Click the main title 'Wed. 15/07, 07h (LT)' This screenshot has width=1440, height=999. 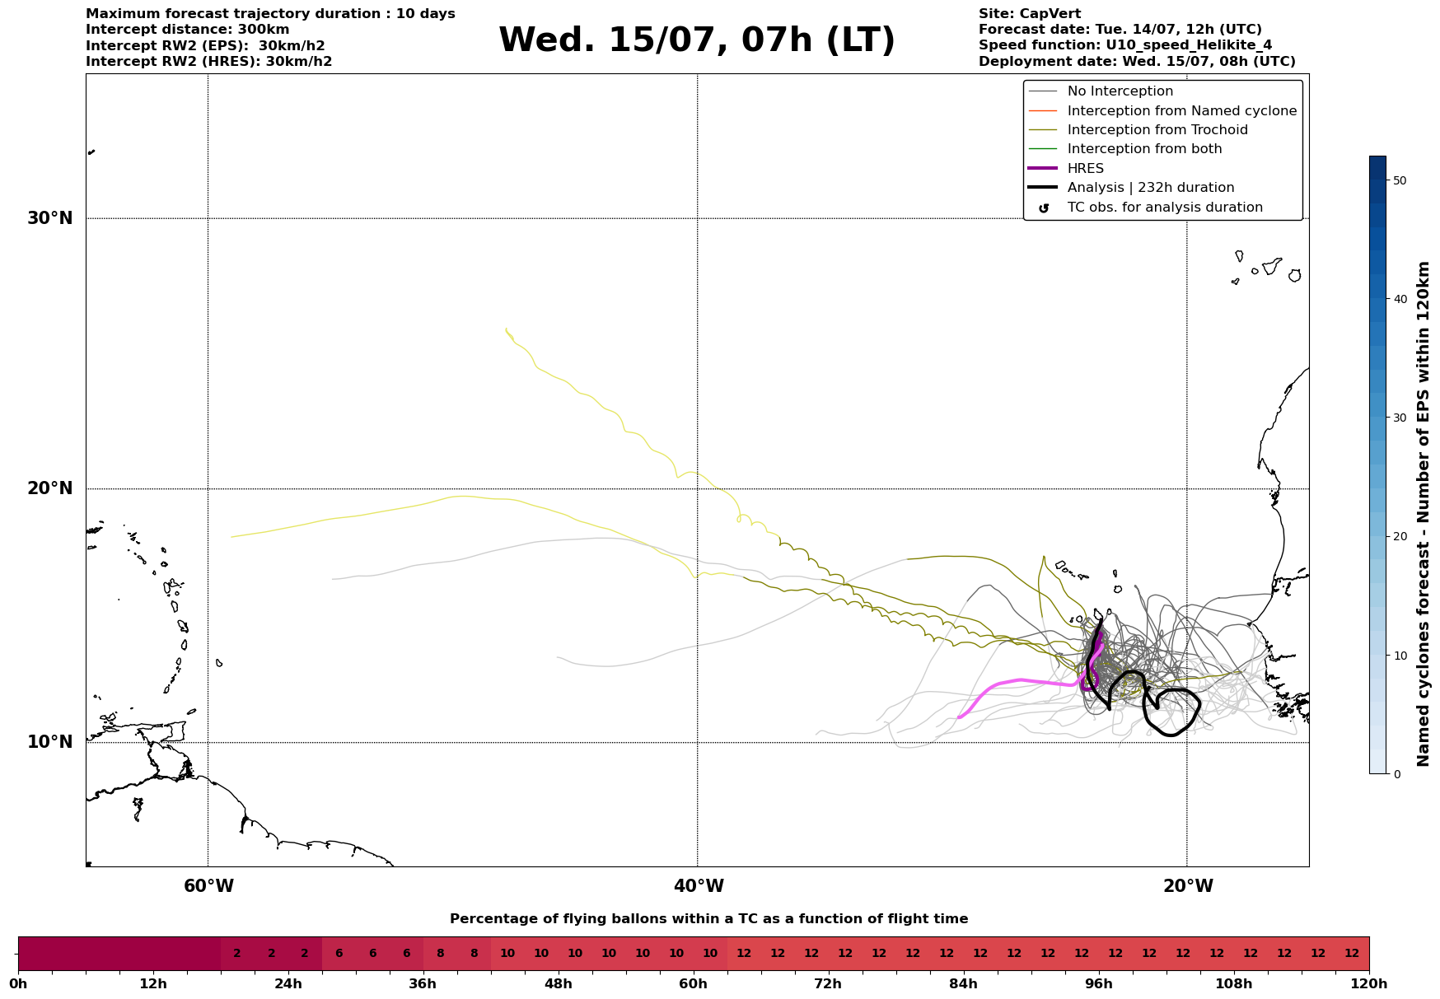click(696, 40)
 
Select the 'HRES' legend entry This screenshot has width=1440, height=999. click(1086, 169)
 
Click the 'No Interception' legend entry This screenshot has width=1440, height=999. click(1120, 91)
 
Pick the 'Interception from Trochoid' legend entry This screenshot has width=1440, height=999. click(1157, 130)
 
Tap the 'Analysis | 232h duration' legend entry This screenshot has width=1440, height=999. click(1151, 188)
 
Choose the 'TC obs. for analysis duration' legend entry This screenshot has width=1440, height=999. click(1165, 208)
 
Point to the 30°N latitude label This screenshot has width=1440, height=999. click(50, 218)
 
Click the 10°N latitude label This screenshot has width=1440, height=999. click(50, 742)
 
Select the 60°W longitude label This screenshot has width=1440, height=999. click(208, 886)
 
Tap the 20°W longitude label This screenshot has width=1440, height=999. click(1187, 886)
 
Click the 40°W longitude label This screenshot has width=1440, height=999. click(699, 886)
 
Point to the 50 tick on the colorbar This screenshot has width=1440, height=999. click(1399, 180)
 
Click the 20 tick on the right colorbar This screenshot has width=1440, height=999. click(1399, 536)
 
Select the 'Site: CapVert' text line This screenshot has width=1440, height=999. click(1030, 14)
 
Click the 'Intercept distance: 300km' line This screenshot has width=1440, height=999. click(188, 30)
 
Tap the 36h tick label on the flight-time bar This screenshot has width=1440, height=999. click(423, 983)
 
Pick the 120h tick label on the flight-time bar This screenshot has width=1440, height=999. click(1369, 983)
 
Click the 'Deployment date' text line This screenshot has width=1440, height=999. click(1137, 62)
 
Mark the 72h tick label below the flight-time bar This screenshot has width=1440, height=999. click(828, 983)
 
